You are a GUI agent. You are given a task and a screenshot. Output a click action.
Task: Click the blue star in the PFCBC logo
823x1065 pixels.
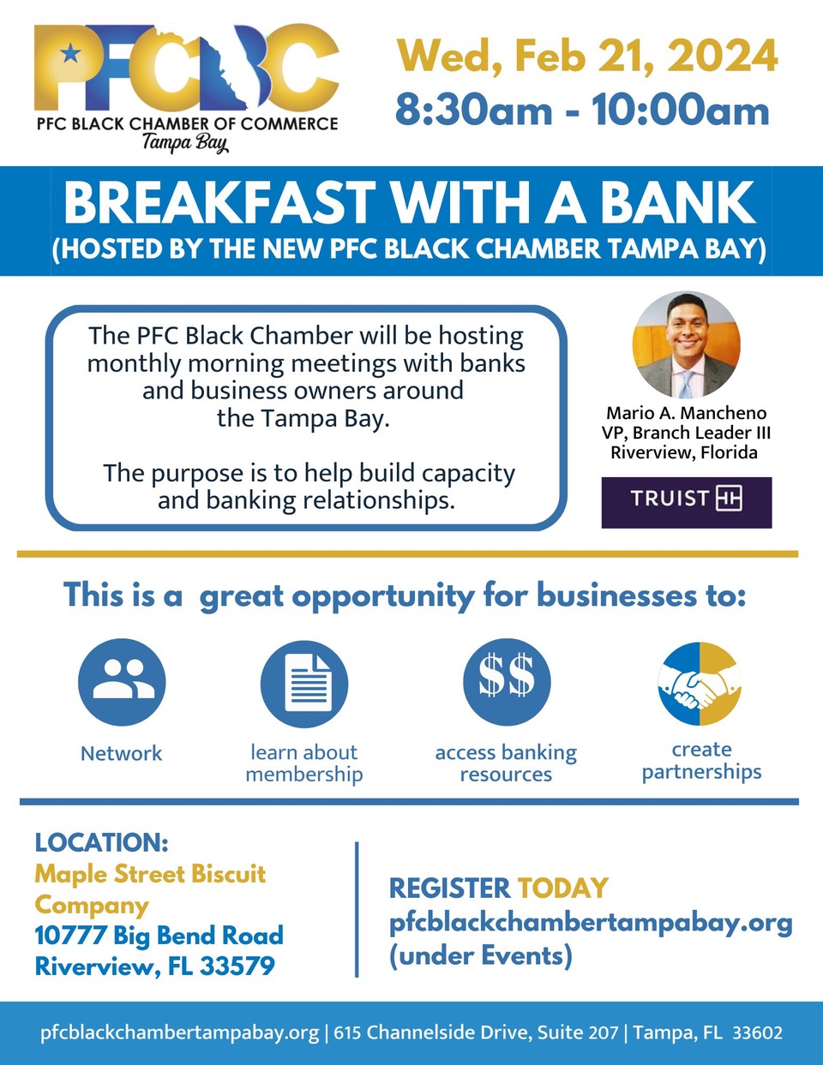[70, 52]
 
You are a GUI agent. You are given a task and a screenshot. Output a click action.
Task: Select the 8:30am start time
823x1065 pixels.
[473, 110]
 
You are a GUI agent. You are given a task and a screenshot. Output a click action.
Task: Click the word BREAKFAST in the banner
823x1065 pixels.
[219, 202]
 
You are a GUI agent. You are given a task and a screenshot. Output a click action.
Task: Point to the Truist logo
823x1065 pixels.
[686, 502]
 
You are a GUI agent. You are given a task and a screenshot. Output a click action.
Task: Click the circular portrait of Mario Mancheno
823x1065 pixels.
[686, 344]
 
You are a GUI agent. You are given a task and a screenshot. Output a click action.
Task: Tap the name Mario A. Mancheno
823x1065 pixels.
[686, 413]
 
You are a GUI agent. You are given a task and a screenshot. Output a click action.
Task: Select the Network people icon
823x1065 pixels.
[122, 682]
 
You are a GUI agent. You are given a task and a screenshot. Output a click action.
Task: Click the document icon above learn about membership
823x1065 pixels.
[303, 683]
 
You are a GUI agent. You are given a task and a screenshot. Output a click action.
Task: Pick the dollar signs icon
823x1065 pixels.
[507, 682]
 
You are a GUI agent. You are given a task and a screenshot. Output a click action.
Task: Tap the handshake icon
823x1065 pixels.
[700, 684]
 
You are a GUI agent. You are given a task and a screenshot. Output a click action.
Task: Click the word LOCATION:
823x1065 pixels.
[101, 842]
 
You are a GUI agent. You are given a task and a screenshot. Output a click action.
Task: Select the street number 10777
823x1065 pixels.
[70, 935]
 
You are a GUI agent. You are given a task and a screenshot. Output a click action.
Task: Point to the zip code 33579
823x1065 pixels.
[237, 966]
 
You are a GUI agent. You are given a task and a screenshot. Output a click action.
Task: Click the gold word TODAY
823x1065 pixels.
[562, 888]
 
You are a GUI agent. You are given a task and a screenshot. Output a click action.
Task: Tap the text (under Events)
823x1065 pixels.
[480, 955]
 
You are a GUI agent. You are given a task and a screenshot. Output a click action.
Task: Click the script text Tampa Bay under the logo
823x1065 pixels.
[185, 143]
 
